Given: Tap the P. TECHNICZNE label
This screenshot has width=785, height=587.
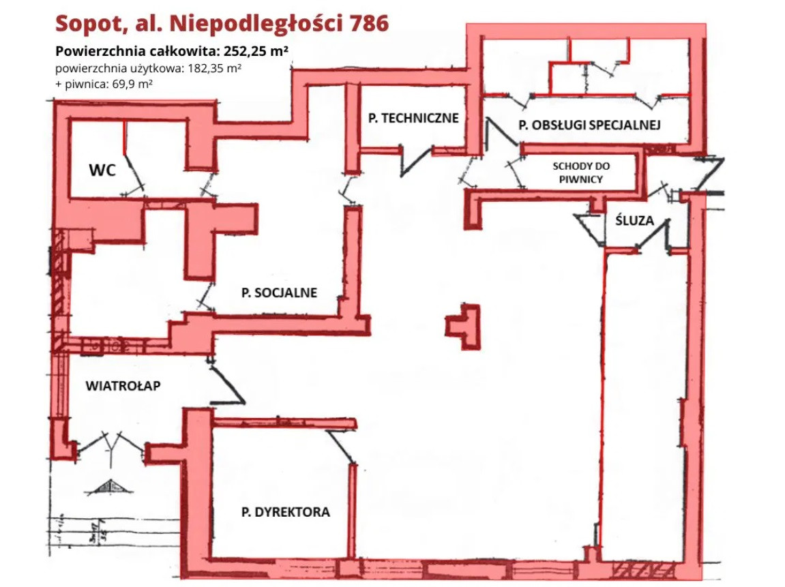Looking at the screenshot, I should [413, 118].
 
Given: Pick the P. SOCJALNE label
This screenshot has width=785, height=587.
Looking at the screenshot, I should [279, 293].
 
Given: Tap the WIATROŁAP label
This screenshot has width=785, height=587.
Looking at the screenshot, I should [123, 386].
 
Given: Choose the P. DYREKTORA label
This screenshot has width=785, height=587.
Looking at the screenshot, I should [285, 511].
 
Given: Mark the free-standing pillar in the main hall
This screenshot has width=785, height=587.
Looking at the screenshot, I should [464, 326].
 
